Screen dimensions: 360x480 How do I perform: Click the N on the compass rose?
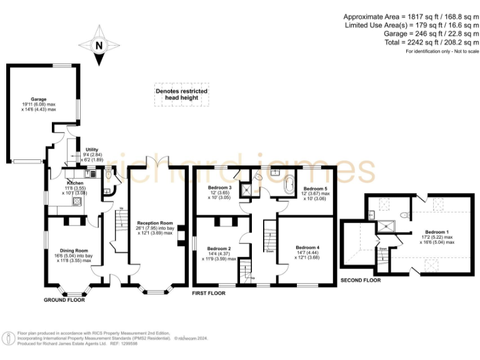tap(98, 45)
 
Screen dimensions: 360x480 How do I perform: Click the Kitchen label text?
tap(76, 183)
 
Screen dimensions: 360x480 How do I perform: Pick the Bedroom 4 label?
tap(308, 248)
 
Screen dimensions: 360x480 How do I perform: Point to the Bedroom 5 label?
tap(315, 188)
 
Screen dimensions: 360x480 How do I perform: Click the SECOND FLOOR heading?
tap(360, 281)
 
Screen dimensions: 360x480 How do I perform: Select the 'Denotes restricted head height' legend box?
tap(181, 94)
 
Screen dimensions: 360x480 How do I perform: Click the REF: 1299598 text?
tap(124, 343)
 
